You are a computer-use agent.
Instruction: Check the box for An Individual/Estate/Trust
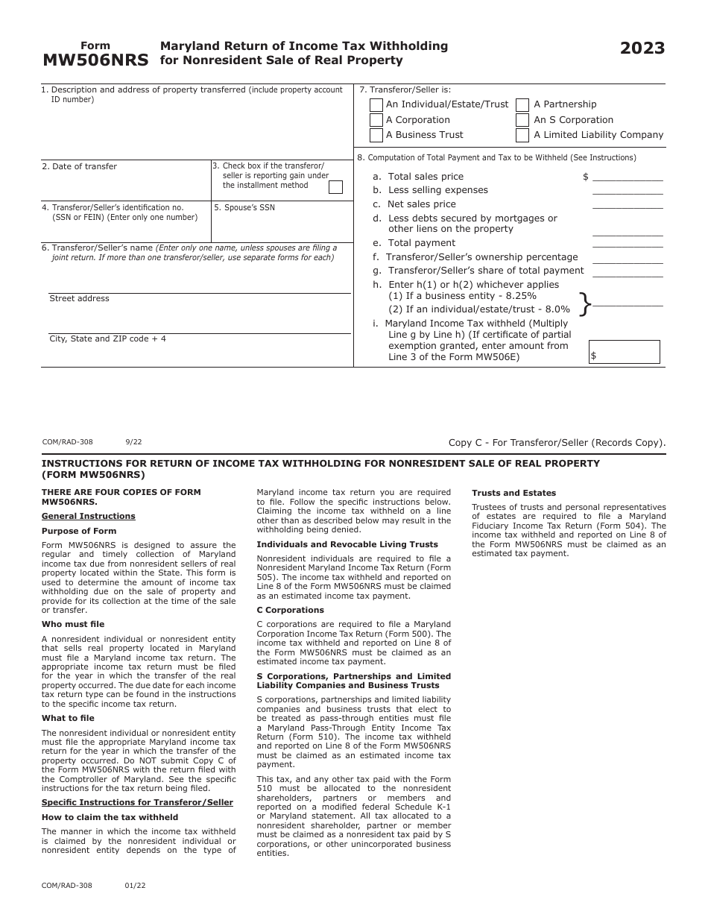click(376, 105)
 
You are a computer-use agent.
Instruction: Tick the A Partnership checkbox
click(522, 105)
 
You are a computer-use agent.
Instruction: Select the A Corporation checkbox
click(376, 120)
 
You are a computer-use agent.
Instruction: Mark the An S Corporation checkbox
click(522, 120)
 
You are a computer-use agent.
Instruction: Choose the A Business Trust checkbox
click(376, 135)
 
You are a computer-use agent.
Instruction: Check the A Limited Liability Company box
click(522, 135)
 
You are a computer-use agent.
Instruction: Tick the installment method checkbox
click(335, 187)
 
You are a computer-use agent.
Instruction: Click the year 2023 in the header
click(642, 49)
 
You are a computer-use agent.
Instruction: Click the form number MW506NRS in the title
click(95, 60)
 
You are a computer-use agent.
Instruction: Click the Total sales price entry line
click(627, 177)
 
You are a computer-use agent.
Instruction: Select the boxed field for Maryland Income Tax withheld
click(624, 352)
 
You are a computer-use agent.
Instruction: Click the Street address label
click(79, 299)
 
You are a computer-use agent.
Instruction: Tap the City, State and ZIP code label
click(107, 339)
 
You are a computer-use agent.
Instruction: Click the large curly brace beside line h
click(585, 303)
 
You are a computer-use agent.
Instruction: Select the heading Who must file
click(73, 625)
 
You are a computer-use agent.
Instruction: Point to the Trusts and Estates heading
click(513, 494)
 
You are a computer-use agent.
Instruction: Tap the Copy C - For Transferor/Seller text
click(557, 443)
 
